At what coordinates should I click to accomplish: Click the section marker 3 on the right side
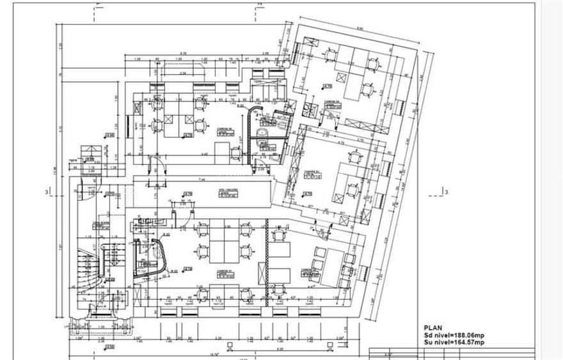[x=446, y=192]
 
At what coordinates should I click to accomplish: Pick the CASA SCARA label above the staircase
[x=99, y=223]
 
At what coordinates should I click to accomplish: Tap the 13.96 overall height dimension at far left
[x=55, y=166]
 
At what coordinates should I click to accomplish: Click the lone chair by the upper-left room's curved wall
[x=235, y=152]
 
